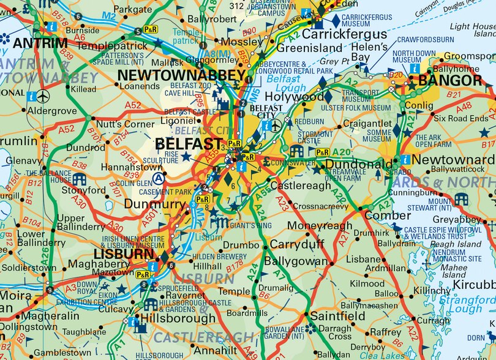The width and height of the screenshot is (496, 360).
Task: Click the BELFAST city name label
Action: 187,143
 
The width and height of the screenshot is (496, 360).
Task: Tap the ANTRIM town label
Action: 40,43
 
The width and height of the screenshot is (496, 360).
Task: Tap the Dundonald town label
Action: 359,164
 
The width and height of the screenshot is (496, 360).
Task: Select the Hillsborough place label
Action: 178,318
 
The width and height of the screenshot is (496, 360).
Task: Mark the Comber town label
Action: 388,216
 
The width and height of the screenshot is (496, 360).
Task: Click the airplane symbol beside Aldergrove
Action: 43,97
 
